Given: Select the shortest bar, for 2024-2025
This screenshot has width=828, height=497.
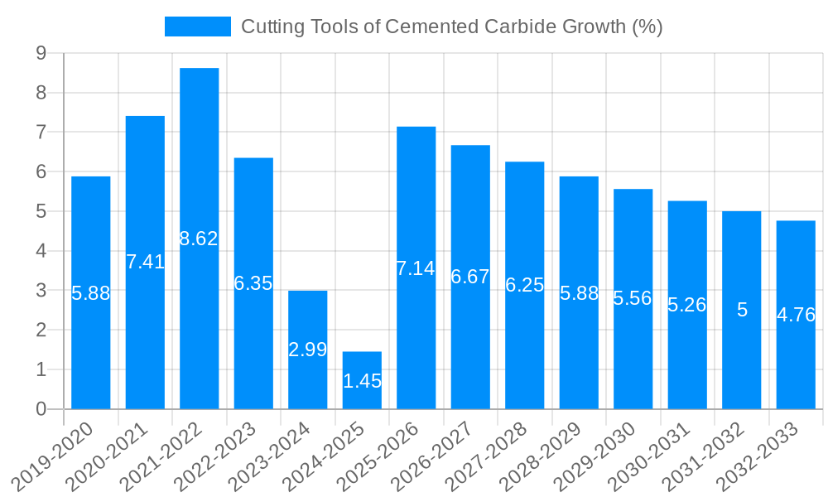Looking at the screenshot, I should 362,364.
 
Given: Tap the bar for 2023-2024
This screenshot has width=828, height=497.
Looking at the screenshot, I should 308,315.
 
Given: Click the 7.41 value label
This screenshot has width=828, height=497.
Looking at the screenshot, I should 146,262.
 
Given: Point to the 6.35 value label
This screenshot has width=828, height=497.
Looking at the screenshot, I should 253,283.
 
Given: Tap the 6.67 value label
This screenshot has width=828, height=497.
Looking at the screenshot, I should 470,277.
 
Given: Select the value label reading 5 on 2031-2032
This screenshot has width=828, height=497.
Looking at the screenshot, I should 742,310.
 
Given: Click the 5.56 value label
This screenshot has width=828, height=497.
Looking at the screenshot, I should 633,298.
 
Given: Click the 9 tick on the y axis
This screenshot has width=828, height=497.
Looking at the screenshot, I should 41,54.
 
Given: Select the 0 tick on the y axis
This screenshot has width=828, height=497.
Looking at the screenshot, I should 41,409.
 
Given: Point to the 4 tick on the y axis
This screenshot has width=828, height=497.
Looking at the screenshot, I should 41,251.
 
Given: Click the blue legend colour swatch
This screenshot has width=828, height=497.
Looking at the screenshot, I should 198,27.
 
